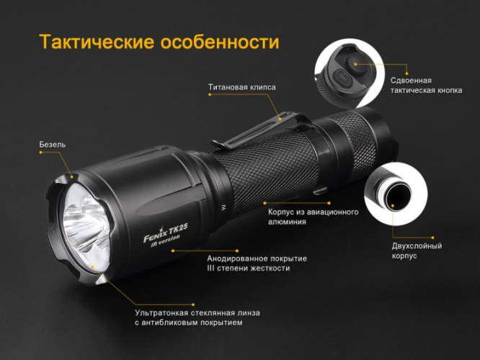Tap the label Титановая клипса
(241, 87)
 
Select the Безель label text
(52, 145)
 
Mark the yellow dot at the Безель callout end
(73, 174)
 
